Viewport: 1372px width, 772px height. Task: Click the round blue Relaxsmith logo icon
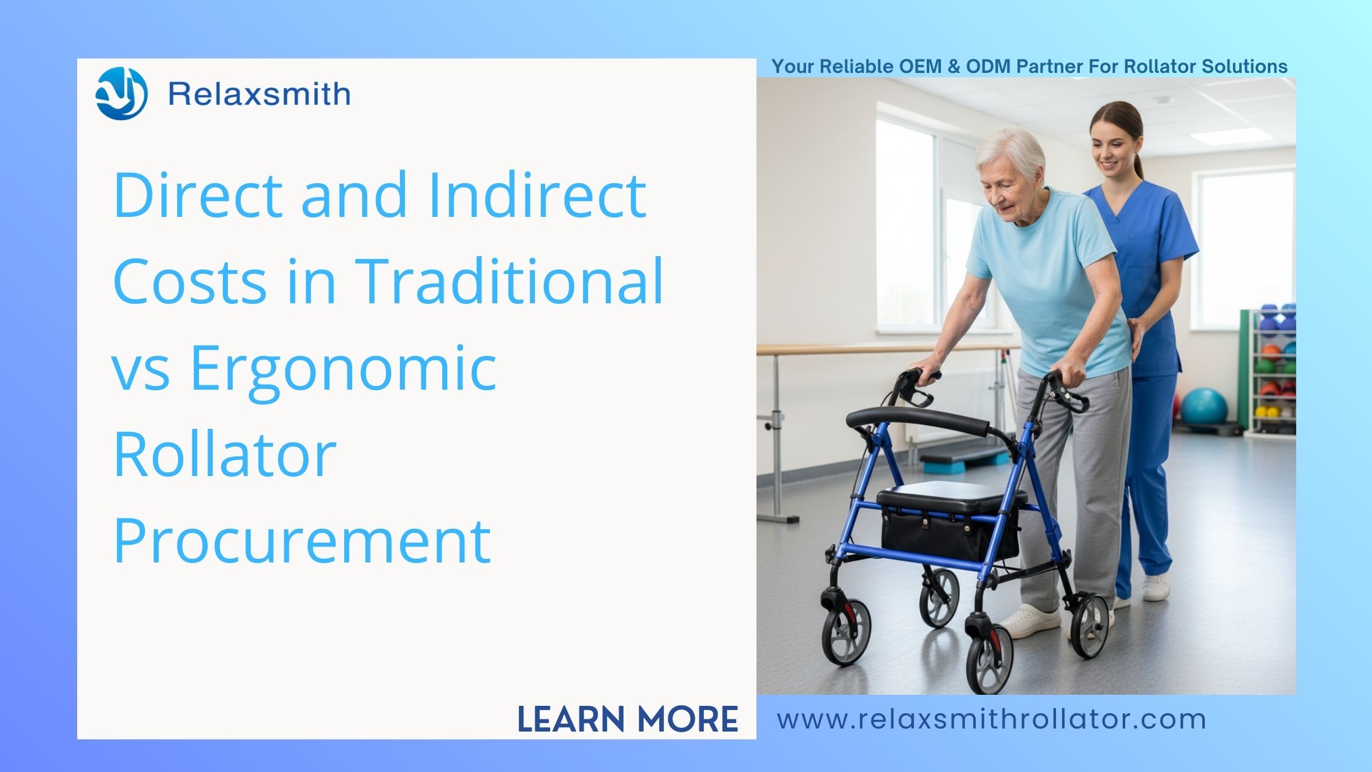[121, 94]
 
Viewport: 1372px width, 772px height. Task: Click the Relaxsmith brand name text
[260, 94]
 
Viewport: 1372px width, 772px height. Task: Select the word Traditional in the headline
[509, 280]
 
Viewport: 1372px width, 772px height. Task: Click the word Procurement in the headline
[302, 540]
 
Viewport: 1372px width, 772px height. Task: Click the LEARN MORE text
[628, 719]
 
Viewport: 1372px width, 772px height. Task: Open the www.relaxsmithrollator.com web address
[992, 719]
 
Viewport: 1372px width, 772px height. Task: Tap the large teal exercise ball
[1204, 406]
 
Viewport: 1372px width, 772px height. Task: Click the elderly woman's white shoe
[1028, 621]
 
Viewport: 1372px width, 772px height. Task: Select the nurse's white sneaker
[1156, 586]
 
